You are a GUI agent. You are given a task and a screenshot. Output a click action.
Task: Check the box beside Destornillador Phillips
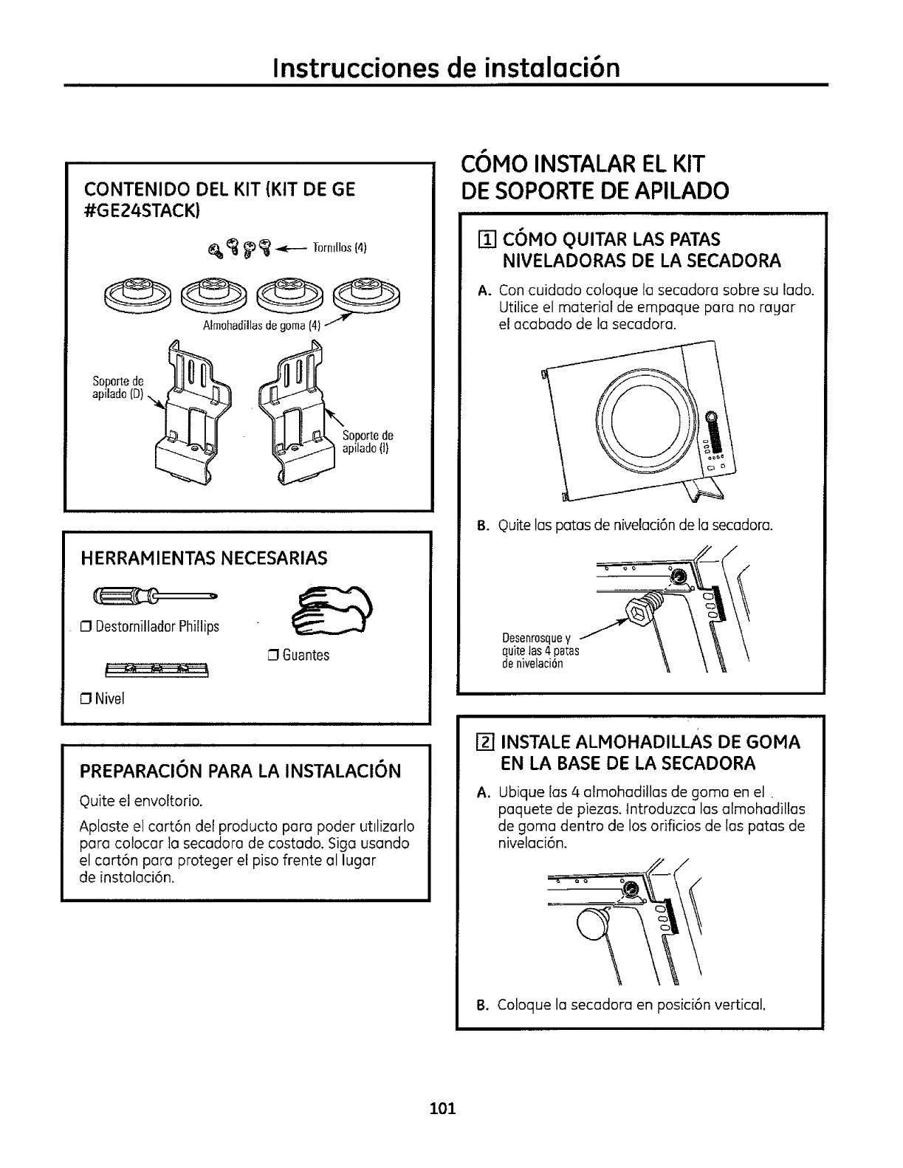[x=86, y=628]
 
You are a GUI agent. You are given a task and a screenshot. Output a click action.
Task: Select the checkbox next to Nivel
[x=86, y=699]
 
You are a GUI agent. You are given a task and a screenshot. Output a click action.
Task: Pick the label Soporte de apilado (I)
[x=368, y=442]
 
